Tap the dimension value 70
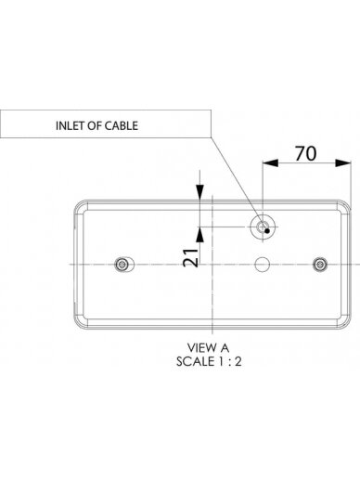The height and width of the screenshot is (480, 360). (x=305, y=153)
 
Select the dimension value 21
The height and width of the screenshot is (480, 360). (x=190, y=257)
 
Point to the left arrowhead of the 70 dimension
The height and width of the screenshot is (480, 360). (x=270, y=162)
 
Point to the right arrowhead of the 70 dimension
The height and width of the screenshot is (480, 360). (x=343, y=162)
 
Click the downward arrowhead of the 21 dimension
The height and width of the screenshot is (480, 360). (x=200, y=192)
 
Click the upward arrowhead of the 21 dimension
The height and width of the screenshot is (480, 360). (x=200, y=234)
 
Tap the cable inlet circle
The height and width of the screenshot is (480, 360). (x=263, y=227)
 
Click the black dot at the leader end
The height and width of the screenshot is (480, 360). (x=267, y=230)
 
